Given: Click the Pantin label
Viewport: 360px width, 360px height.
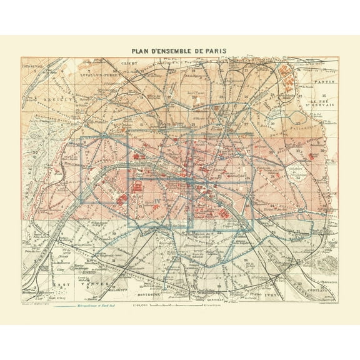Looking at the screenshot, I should (326, 82).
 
